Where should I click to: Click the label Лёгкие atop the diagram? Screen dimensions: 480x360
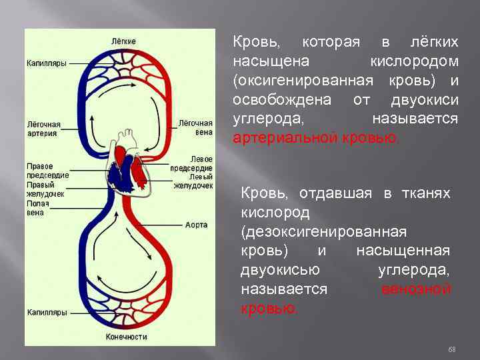(125, 41)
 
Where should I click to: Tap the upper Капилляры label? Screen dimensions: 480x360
(46, 63)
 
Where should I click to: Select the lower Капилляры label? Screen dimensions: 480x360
(46, 312)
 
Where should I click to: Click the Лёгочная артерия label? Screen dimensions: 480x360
(43, 129)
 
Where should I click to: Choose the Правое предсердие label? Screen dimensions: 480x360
(44, 170)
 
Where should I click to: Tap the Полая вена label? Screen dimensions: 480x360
(36, 208)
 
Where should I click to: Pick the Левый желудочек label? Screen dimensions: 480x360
(193, 181)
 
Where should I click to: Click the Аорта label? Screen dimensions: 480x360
(196, 225)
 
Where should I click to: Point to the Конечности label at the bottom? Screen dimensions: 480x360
(127, 337)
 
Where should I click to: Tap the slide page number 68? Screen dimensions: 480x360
(451, 349)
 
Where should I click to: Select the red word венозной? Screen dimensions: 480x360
(416, 289)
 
